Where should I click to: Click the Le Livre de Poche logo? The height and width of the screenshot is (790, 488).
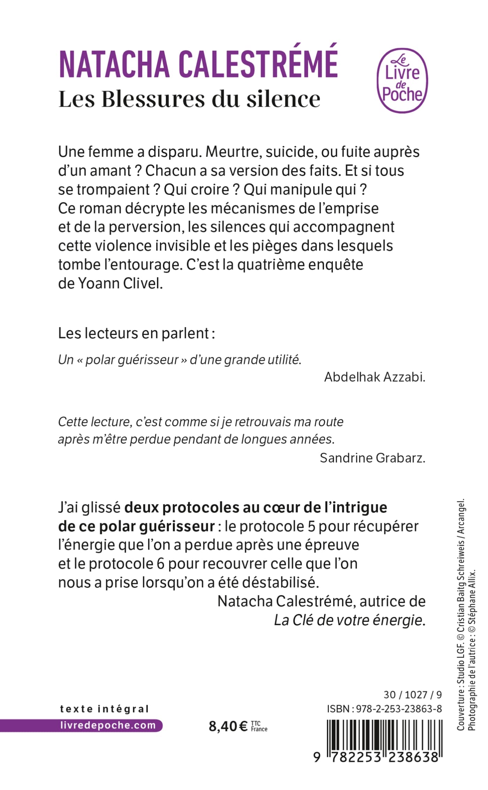coord(402,81)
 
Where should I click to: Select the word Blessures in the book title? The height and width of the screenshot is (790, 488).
coord(154,99)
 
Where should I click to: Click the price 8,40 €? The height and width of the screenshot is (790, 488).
coord(228,726)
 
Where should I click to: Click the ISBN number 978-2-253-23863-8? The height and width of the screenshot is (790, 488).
coord(399,709)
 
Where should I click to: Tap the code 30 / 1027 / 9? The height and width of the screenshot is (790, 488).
coord(412,694)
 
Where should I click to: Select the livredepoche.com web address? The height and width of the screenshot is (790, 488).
coord(108,725)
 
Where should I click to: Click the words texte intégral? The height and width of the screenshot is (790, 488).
coord(104,709)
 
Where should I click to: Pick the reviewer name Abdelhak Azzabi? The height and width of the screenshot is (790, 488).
coord(374,377)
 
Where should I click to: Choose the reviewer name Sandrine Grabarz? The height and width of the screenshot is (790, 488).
coord(372,458)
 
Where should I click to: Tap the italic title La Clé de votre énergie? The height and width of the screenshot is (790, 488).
coord(349,620)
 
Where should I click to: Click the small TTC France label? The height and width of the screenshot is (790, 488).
coord(259,726)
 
